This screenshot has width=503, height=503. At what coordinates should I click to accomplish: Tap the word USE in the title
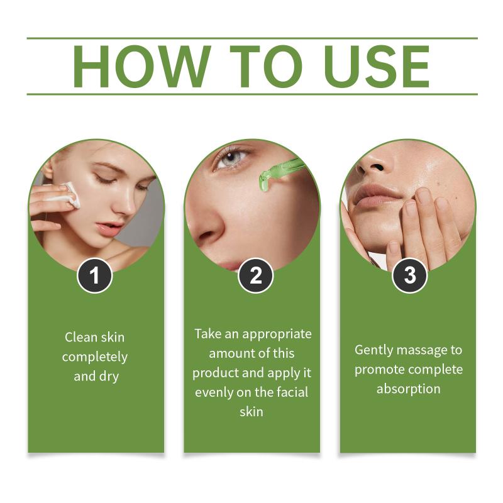coord(377,67)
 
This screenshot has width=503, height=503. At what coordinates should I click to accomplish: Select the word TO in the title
coord(266,67)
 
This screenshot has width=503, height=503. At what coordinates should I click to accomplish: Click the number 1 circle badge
coord(95,275)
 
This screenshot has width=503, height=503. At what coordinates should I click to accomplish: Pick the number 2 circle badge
coord(256,275)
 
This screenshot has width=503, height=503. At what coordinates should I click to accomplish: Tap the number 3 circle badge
coord(410,275)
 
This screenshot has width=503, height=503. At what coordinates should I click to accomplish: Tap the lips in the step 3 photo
coord(376,194)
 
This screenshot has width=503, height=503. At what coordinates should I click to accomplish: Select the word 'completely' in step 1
coord(95,357)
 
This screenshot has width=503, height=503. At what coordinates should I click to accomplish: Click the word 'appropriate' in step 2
coord(277,334)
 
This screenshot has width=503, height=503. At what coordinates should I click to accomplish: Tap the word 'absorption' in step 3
coord(408,389)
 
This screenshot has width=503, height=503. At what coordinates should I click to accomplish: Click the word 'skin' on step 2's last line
coord(251,412)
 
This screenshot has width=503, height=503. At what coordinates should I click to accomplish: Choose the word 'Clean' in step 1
coord(81,337)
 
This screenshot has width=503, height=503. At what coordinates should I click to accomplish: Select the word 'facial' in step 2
coord(292,392)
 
